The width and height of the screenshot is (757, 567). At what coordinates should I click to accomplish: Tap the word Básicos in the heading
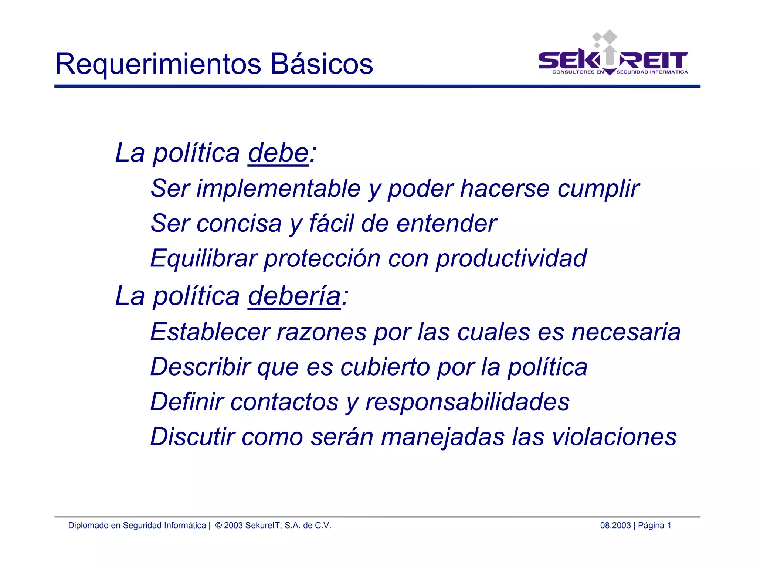[x=322, y=64]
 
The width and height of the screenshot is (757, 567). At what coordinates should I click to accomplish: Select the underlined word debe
[x=278, y=153]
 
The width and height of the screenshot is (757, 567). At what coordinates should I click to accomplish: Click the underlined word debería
[x=294, y=296]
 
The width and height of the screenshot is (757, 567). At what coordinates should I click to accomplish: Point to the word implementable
[x=278, y=189]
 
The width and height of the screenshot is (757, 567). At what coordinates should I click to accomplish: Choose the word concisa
[x=239, y=224]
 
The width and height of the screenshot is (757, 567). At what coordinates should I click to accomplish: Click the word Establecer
[x=210, y=332]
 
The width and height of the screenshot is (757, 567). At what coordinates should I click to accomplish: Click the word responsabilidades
[x=468, y=402]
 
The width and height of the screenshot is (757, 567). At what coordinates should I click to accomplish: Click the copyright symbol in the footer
[x=218, y=526]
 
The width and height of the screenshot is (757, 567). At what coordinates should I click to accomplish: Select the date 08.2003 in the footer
[x=615, y=526]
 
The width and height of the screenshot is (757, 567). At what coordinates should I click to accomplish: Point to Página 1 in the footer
[x=655, y=526]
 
